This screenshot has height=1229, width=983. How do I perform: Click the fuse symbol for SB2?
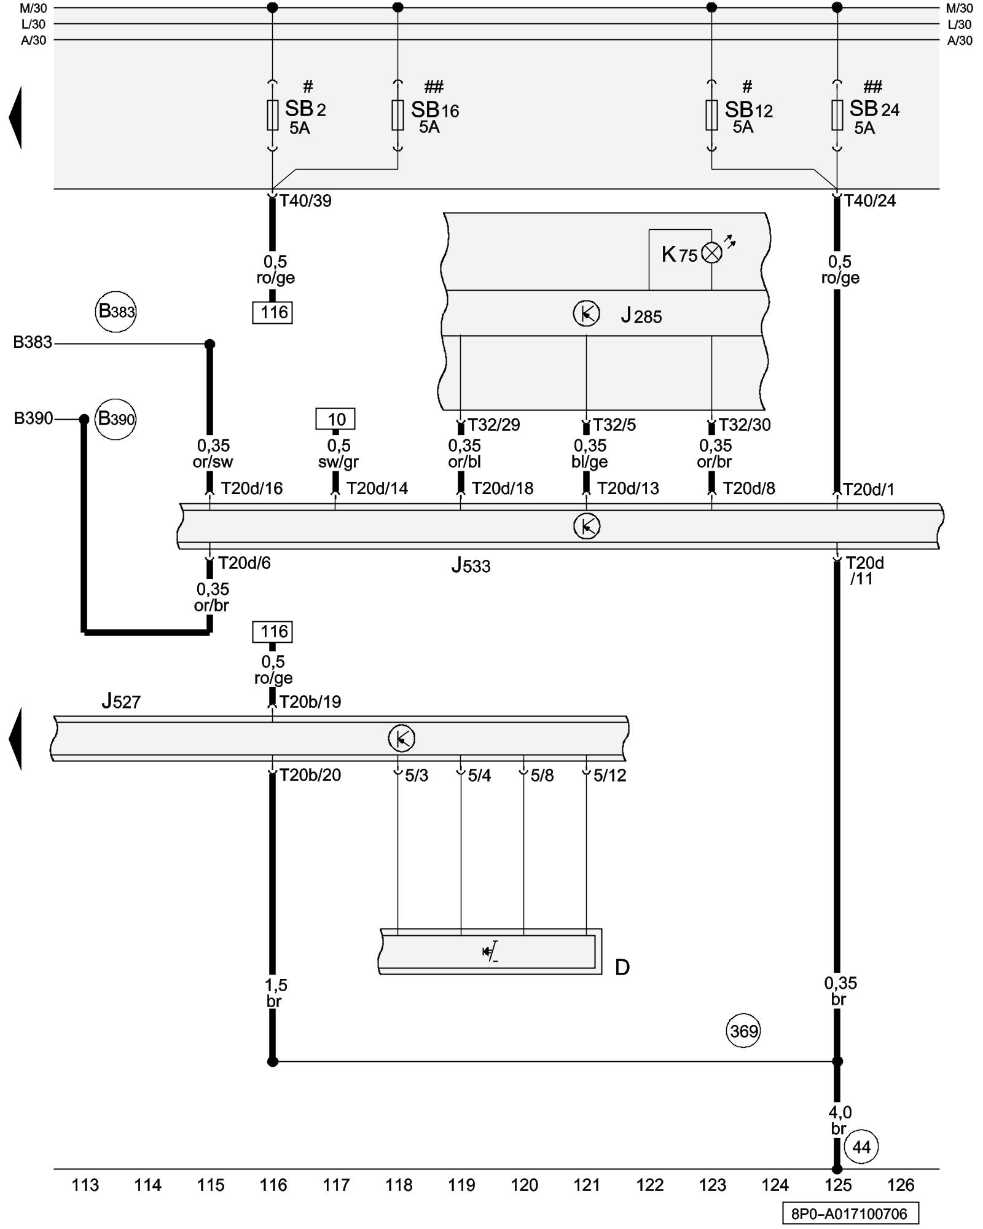[272, 115]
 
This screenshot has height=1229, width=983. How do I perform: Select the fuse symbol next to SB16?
[398, 115]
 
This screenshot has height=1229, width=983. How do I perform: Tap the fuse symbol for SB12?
[711, 115]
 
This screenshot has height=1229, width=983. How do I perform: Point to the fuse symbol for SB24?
[837, 115]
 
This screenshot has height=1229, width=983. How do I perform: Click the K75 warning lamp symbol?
[711, 253]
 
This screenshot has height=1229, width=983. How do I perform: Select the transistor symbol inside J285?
[586, 314]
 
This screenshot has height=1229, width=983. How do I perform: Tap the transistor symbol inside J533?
[586, 526]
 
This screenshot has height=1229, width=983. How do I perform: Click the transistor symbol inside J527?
[401, 738]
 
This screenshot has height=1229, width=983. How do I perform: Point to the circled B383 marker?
[116, 312]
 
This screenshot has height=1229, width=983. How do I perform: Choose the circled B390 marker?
[116, 419]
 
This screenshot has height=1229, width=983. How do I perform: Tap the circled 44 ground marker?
[861, 1147]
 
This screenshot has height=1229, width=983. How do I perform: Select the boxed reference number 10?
[335, 419]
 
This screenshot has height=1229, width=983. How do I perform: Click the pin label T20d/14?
[377, 488]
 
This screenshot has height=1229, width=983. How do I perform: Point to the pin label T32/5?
[614, 425]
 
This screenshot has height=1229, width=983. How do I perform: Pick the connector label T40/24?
[869, 200]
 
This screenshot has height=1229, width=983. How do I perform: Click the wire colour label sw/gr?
[338, 461]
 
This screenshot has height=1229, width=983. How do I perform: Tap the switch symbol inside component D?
[490, 952]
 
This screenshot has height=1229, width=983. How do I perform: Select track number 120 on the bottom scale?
[524, 1185]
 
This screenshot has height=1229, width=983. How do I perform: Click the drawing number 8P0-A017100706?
[849, 1214]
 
